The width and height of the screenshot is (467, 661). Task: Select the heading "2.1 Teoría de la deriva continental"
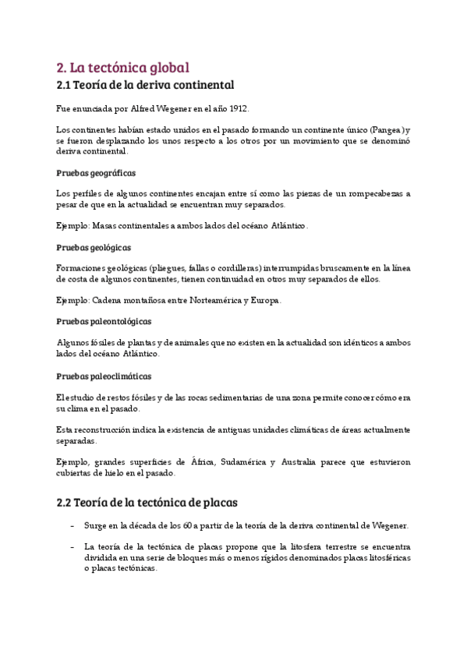146,84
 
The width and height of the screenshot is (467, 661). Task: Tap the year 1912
237,108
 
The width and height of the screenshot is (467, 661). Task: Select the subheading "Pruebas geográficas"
97,172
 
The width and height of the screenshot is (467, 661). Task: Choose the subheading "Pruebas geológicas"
94,247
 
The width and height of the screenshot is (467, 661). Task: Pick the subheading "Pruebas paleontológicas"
104,321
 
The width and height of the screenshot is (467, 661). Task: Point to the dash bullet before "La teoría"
72,547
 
